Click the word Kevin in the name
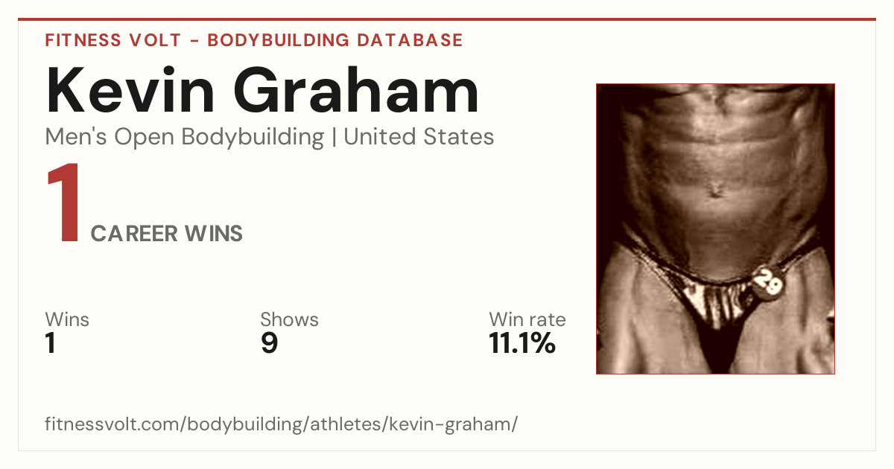(130, 90)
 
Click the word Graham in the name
(356, 90)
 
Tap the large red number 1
(64, 202)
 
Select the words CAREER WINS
(166, 233)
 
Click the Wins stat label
(67, 319)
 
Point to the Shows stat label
(289, 319)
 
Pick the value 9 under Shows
(270, 343)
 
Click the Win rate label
(527, 319)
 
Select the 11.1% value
(522, 343)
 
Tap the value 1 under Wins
(51, 343)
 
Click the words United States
(419, 137)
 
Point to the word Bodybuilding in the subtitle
(253, 138)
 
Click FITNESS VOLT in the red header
(113, 40)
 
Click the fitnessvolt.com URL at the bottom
(281, 424)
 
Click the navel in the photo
(716, 190)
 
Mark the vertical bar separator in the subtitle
(334, 137)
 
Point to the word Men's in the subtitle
(76, 137)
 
